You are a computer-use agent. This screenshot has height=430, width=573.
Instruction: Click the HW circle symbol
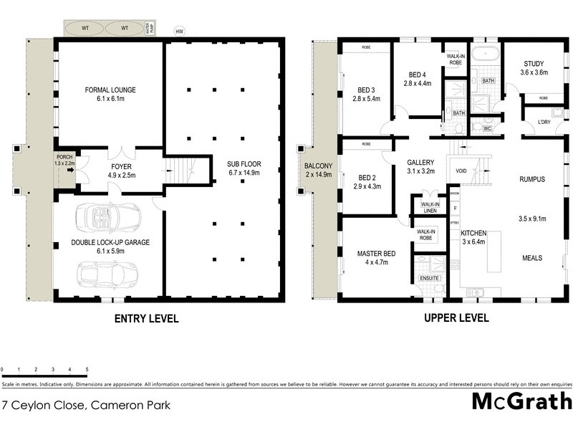click(x=179, y=31)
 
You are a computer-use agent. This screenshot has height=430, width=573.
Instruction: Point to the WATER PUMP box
click(x=150, y=29)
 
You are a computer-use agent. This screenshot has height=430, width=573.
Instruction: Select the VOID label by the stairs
click(x=461, y=172)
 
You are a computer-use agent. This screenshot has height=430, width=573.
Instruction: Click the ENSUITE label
click(x=430, y=277)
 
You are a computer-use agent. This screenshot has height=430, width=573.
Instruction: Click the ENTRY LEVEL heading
click(x=145, y=318)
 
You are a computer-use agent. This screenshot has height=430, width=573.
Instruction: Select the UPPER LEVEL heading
click(x=456, y=318)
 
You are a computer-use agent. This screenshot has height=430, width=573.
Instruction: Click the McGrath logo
click(x=522, y=401)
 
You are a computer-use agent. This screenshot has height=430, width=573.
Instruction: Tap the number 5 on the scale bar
click(x=87, y=370)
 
